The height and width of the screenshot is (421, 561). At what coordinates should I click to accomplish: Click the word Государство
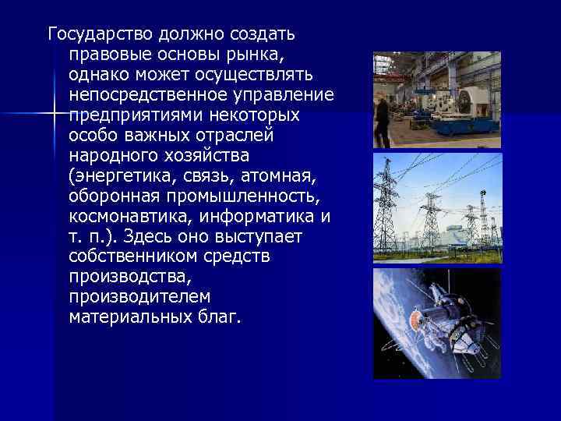coord(101,35)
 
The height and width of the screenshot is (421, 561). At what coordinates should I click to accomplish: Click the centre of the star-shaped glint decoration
coord(56,114)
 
